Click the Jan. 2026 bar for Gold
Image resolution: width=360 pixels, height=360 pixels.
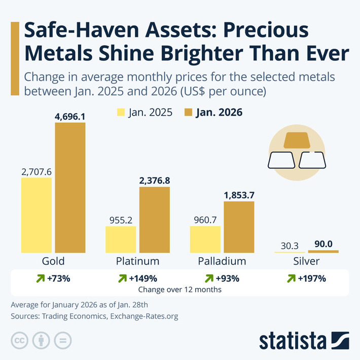(70, 188)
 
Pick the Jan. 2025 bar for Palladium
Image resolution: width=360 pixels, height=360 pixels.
(205, 239)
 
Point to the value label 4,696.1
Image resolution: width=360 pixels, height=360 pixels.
(70, 116)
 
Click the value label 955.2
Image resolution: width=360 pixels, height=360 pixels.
(121, 220)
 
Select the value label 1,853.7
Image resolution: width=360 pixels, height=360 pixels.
(239, 195)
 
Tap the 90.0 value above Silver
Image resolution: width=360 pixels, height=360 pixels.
(323, 244)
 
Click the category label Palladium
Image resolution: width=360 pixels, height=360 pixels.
(222, 262)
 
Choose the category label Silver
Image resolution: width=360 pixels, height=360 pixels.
(306, 262)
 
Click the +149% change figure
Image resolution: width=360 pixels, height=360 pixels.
(145, 278)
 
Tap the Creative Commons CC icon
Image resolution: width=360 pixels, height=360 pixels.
(19, 340)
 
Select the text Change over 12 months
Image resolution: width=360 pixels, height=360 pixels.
(179, 290)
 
